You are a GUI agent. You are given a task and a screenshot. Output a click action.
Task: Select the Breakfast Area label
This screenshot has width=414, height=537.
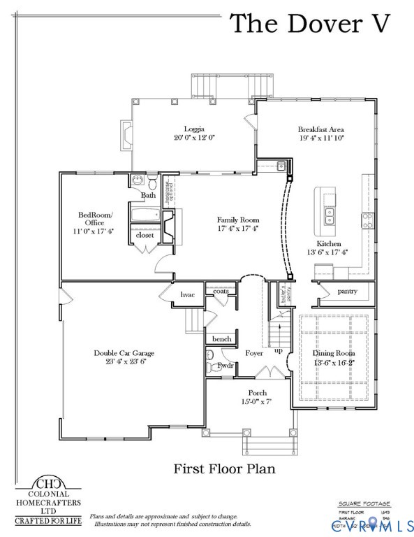pos(320,129)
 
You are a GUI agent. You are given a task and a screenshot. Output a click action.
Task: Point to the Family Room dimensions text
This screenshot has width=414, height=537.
pos(237,229)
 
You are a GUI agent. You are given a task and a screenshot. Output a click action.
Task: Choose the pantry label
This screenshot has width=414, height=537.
pos(347,291)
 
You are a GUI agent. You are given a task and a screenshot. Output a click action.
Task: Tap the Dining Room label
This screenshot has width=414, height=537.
pos(333,354)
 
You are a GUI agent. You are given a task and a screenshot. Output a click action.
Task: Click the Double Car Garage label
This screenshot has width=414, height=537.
pos(124,353)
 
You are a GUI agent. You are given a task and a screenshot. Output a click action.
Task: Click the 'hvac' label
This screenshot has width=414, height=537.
pos(187,295)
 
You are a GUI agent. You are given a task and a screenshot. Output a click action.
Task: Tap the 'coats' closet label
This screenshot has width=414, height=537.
pos(221,291)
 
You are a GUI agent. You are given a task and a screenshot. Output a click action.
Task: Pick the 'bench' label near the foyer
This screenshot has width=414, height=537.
pos(221,339)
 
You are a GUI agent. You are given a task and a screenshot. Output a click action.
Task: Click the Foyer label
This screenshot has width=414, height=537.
pos(254,354)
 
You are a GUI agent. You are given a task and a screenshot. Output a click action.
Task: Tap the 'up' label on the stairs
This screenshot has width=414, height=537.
pos(279,350)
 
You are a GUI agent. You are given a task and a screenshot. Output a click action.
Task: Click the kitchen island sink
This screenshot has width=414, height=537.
pos(329,215)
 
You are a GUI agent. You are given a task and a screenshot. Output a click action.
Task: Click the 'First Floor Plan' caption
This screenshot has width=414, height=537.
pos(224,468)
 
